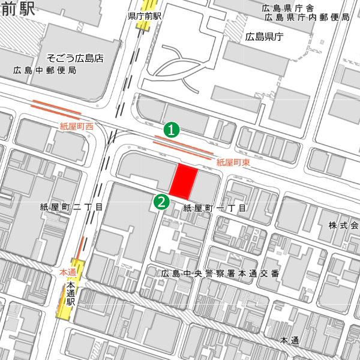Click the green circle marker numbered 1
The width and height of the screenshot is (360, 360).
pos(172,129)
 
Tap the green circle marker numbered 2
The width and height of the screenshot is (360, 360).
pos(161,202)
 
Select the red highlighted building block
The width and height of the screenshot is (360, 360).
pos(184,181)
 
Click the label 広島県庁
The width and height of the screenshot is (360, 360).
pos(264,37)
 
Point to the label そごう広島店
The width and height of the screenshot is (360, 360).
pos(76,59)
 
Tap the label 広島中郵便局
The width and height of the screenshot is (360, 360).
pos(45,70)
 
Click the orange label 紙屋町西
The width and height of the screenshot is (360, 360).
pos(77,127)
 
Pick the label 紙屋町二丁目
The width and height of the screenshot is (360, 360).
pos(71,207)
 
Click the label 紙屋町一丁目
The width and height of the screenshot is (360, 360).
pos(215,208)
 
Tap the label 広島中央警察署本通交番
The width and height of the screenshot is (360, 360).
pos(220,274)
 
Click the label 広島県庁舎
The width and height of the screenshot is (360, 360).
pos(289,8)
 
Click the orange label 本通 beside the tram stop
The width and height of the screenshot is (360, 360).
pos(68,272)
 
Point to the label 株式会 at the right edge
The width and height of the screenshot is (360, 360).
pos(343,226)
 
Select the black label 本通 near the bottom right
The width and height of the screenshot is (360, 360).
pos(290,341)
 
